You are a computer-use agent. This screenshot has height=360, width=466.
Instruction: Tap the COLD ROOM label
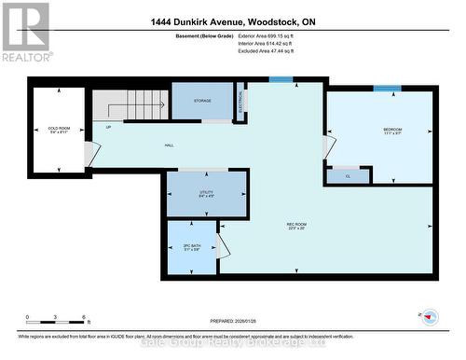pyautogui.click(x=58, y=130)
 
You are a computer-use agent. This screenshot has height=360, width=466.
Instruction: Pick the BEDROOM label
pyautogui.click(x=377, y=130)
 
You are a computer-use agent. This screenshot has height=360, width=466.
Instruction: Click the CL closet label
pyautogui.click(x=347, y=174)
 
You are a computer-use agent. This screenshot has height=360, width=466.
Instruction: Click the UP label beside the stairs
pyautogui.click(x=108, y=127)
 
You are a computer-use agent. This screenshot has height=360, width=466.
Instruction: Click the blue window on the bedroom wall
pyautogui.click(x=387, y=88)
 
